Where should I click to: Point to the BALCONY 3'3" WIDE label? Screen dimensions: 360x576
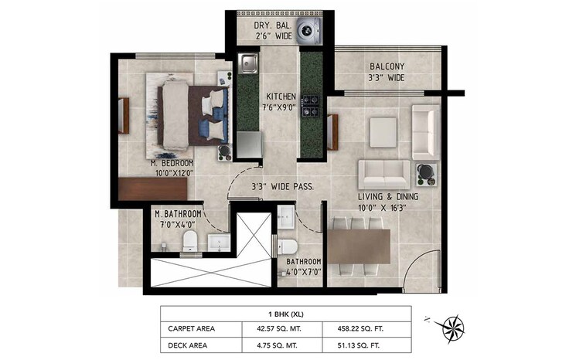(x=386, y=72)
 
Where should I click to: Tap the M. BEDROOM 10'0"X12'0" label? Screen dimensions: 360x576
(x=172, y=168)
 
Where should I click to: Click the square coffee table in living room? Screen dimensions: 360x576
(x=384, y=131)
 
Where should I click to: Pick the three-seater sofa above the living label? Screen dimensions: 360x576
(x=384, y=171)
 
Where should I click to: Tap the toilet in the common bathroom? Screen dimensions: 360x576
(x=288, y=246)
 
